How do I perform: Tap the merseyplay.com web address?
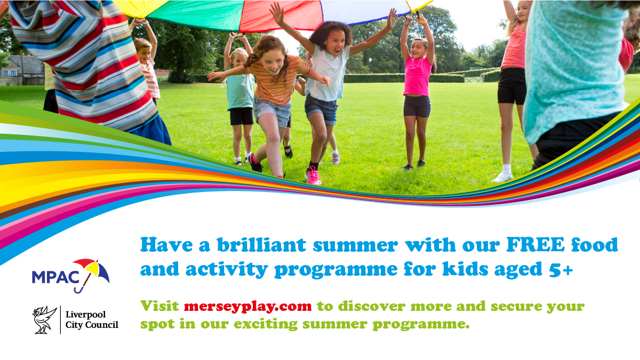tap(247, 307)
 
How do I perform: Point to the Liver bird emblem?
tap(45, 319)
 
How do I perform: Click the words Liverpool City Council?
tap(91, 319)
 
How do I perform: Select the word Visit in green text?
tap(160, 307)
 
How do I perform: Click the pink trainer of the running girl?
tap(313, 175)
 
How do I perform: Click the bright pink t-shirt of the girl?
tap(417, 76)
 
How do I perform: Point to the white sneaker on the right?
tap(502, 177)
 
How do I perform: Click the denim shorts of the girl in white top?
tap(321, 110)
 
